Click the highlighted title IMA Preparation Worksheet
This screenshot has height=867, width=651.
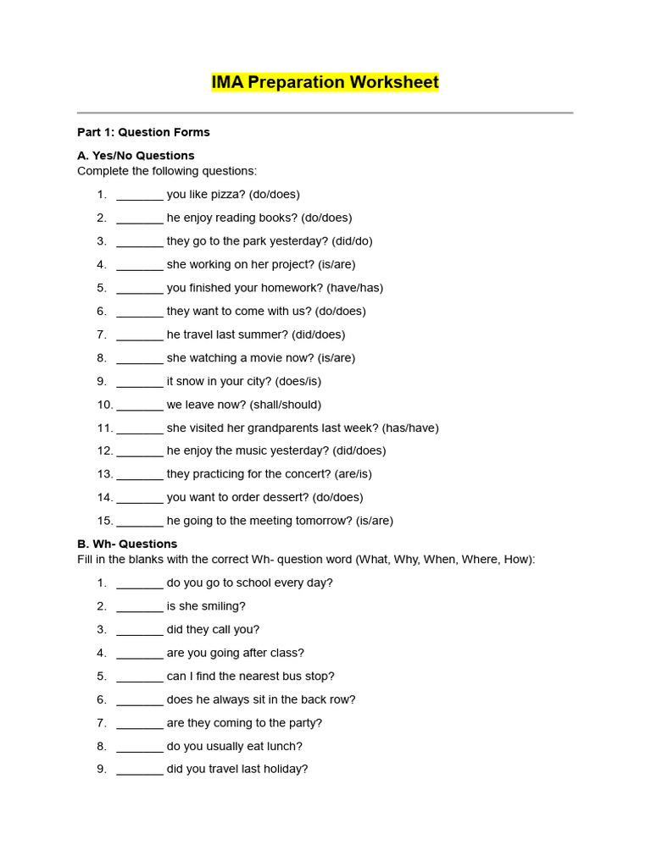pyautogui.click(x=325, y=82)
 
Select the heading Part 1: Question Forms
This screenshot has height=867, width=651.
pyautogui.click(x=143, y=132)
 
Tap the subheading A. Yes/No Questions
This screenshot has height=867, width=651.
pyautogui.click(x=136, y=156)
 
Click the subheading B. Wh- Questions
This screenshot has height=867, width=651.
pyautogui.click(x=127, y=544)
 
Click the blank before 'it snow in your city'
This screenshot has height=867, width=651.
pyautogui.click(x=140, y=381)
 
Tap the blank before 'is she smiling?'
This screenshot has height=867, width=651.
pyautogui.click(x=140, y=606)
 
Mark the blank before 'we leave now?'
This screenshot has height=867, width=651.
pyautogui.click(x=140, y=405)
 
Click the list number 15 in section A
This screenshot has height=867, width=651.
pyautogui.click(x=105, y=521)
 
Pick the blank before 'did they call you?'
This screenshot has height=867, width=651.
pyautogui.click(x=140, y=630)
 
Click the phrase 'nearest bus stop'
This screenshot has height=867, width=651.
pyautogui.click(x=288, y=676)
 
